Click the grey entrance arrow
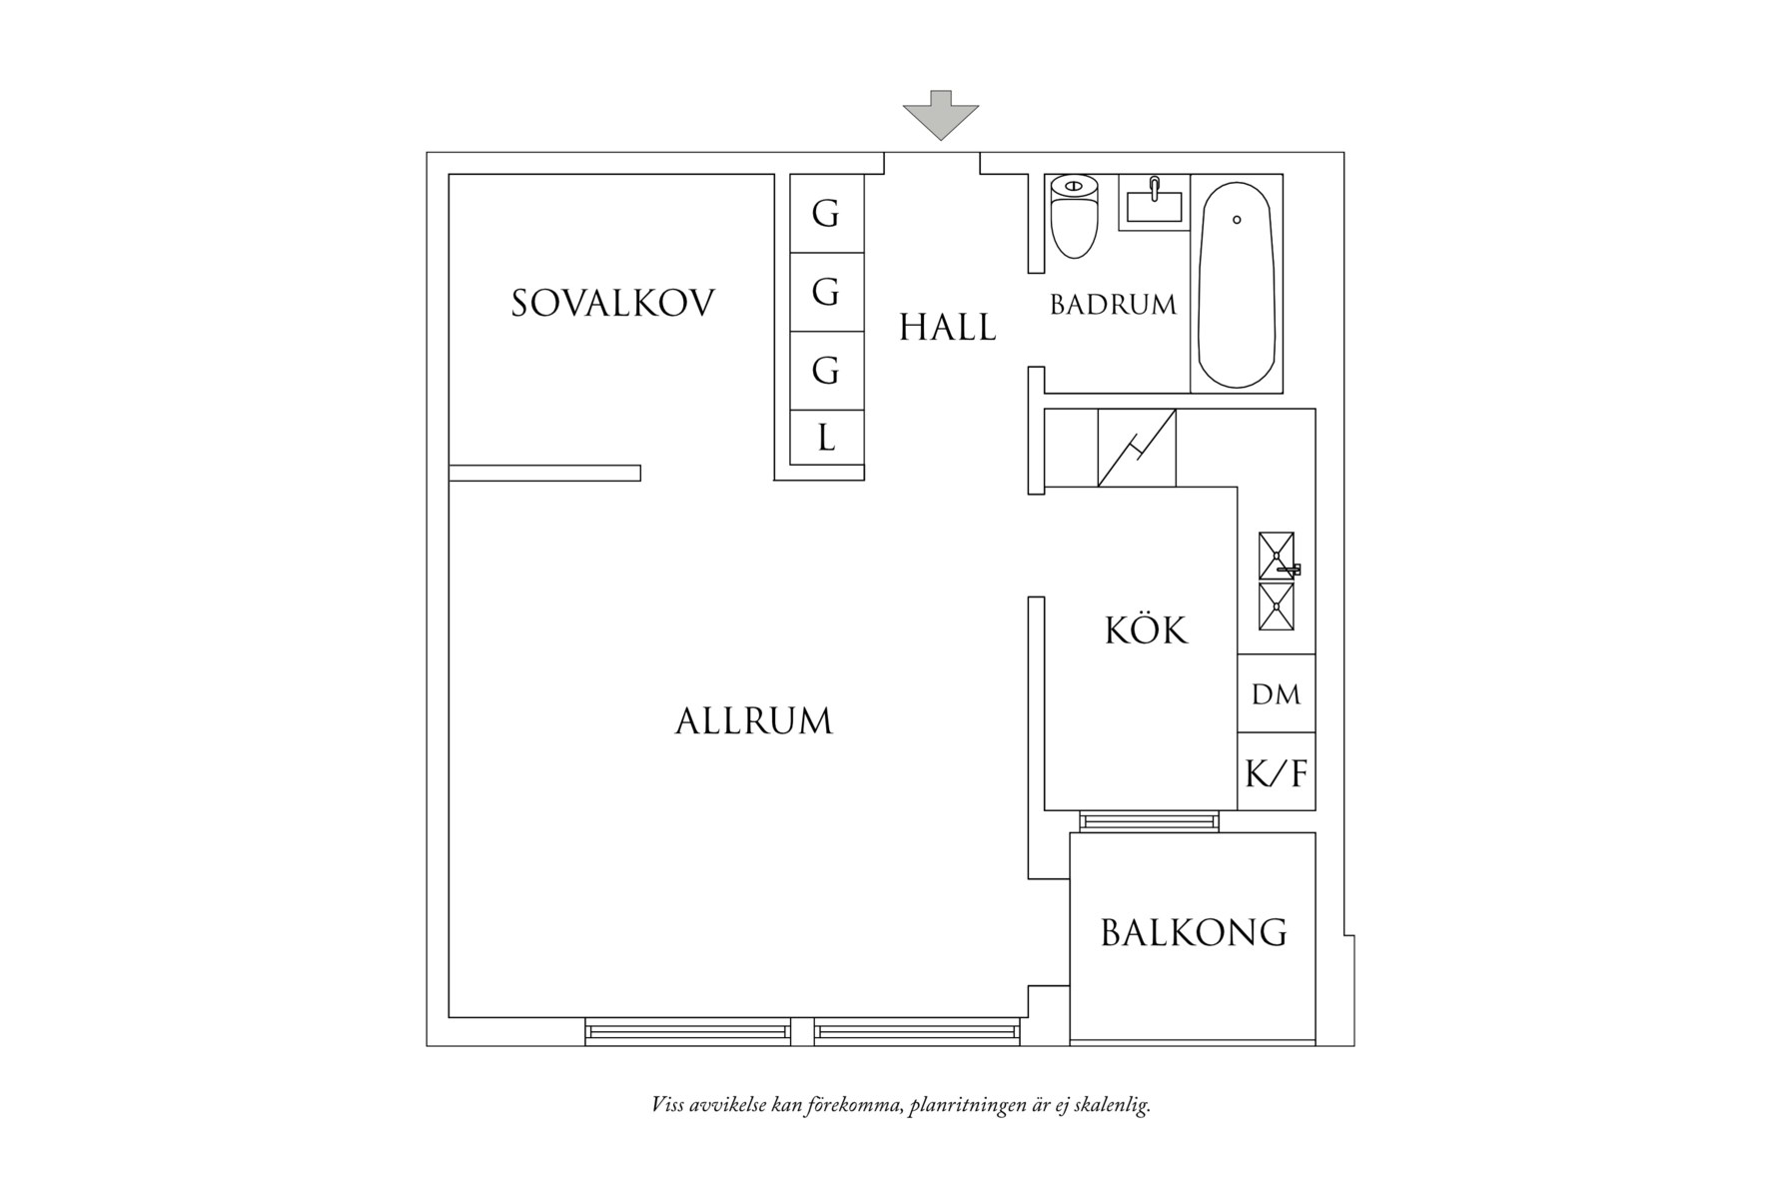click(940, 115)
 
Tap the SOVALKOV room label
click(613, 303)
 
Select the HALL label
click(947, 328)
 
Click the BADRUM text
click(1113, 305)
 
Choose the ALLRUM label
click(753, 721)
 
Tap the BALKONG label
click(1194, 932)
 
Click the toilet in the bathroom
click(1074, 215)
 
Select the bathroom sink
click(1154, 203)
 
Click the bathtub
click(1237, 285)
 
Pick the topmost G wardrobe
click(826, 213)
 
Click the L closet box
click(826, 438)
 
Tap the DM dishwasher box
click(1276, 693)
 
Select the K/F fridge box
click(1276, 771)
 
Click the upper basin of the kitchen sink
click(1277, 556)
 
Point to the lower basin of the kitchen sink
click(1277, 606)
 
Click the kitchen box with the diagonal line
click(1137, 448)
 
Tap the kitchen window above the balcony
click(1149, 821)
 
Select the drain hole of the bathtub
click(1237, 219)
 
